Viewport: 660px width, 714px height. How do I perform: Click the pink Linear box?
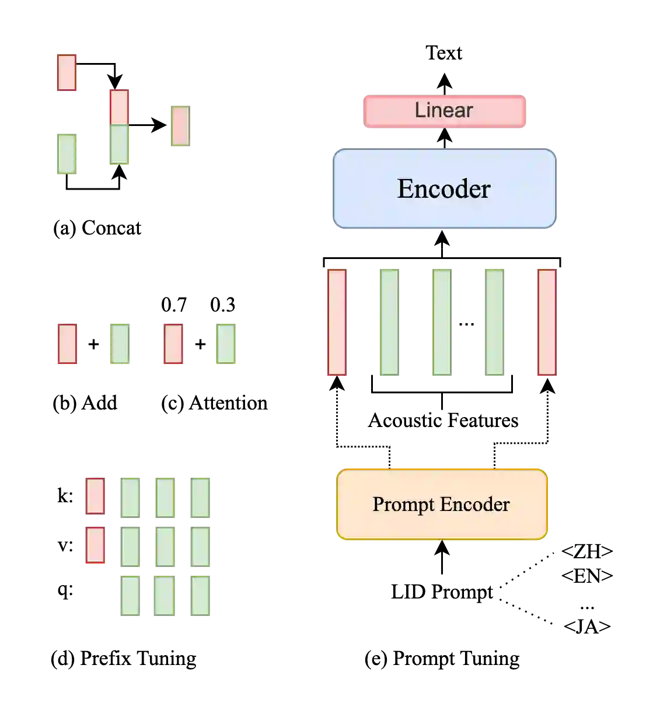pyautogui.click(x=445, y=111)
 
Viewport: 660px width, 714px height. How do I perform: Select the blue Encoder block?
pyautogui.click(x=444, y=188)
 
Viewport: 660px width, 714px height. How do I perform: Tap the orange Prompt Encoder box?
pyautogui.click(x=442, y=504)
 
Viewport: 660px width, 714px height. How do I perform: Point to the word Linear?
pyautogui.click(x=444, y=110)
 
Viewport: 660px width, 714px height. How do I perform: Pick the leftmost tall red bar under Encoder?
pyautogui.click(x=337, y=322)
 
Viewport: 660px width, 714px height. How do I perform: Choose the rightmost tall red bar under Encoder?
pyautogui.click(x=547, y=322)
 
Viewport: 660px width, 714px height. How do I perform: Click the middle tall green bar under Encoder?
pyautogui.click(x=441, y=322)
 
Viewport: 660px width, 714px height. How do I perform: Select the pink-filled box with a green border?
pyautogui.click(x=180, y=126)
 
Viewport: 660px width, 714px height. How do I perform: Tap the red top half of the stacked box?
pyautogui.click(x=119, y=107)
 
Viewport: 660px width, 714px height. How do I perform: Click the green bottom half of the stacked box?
pyautogui.click(x=119, y=145)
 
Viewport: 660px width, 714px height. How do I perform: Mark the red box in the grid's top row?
pyautogui.click(x=95, y=496)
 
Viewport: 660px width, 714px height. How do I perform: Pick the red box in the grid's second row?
pyautogui.click(x=95, y=545)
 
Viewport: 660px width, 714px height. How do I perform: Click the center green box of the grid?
pyautogui.click(x=165, y=546)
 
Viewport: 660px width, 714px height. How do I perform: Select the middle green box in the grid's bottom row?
pyautogui.click(x=163, y=596)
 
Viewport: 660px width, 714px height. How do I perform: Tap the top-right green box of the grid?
pyautogui.click(x=200, y=497)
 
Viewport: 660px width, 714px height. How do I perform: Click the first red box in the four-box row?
pyautogui.click(x=67, y=344)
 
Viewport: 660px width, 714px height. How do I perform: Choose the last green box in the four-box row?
pyautogui.click(x=226, y=344)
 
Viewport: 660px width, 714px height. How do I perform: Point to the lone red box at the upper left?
pyautogui.click(x=67, y=72)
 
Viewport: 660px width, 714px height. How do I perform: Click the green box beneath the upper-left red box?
pyautogui.click(x=67, y=153)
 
